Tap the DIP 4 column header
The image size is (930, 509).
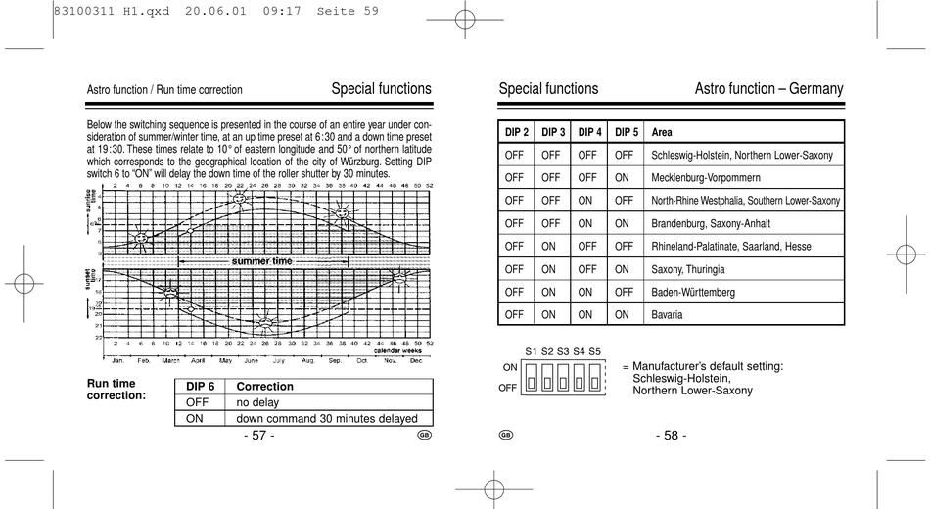589,132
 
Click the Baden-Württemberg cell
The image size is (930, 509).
693,292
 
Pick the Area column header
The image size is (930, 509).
662,132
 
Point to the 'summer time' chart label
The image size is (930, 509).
261,261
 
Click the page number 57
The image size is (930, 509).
258,436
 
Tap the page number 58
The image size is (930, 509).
671,436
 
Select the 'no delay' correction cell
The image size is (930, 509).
257,402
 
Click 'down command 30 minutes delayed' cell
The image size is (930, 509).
327,418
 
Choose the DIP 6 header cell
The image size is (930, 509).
200,386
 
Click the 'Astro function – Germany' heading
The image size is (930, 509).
768,89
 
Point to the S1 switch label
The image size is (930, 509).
532,350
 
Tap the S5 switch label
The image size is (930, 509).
595,350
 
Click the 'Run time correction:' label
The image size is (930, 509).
116,390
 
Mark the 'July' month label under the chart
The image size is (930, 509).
279,360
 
